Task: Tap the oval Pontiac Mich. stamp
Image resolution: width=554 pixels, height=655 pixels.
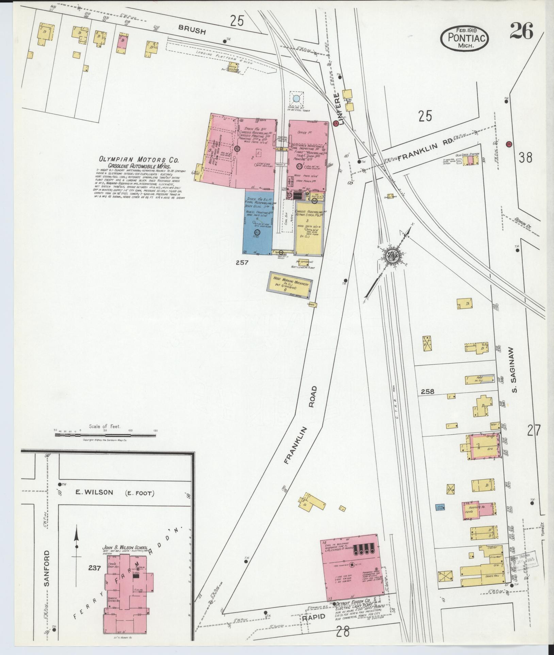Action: [x=465, y=38]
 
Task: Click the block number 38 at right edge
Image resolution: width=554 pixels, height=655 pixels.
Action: [x=526, y=157]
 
